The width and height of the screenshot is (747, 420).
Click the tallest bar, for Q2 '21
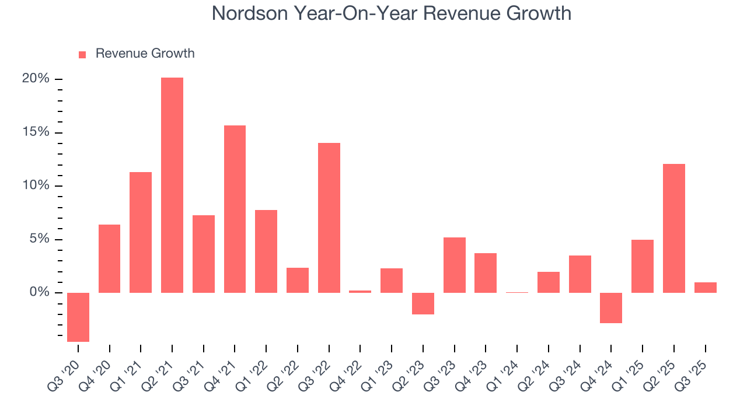tap(172, 185)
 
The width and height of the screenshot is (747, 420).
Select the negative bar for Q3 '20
tap(78, 317)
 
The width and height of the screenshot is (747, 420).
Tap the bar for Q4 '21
tap(235, 209)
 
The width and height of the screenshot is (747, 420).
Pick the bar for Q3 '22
tap(329, 218)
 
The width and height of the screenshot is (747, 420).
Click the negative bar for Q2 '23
tap(423, 303)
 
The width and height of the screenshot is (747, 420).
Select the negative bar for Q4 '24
tap(611, 307)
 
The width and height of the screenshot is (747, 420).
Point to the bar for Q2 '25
tap(674, 228)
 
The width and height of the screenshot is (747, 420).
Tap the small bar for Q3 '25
tap(705, 288)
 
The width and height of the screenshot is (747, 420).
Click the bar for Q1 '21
tap(141, 232)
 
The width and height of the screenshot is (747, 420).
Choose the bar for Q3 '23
tap(455, 265)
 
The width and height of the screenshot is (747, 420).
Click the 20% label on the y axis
tap(36, 79)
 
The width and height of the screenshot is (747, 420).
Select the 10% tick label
tap(36, 185)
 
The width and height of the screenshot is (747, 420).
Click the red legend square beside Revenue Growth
tap(82, 54)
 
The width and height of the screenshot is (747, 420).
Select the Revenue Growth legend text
tap(145, 54)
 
